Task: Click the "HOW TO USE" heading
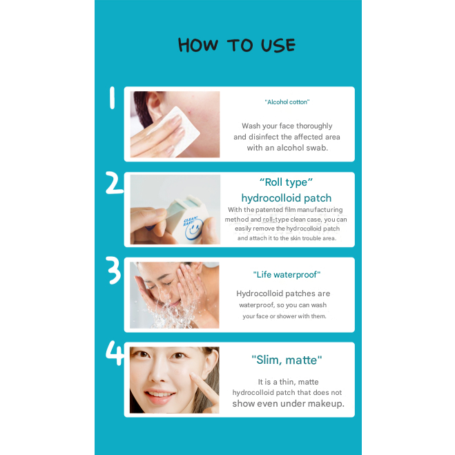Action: pos(237,46)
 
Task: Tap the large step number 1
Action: pos(112,97)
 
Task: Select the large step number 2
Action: pos(115,182)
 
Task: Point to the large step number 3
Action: pos(114,270)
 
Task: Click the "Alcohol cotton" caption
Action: pos(287,102)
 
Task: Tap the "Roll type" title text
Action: pos(286,182)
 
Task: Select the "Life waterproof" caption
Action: pos(287,275)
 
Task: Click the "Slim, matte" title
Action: pos(287,360)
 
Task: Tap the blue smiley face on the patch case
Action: pos(193,229)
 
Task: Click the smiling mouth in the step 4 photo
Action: pos(159,395)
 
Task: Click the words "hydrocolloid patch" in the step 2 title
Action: pos(287,198)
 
